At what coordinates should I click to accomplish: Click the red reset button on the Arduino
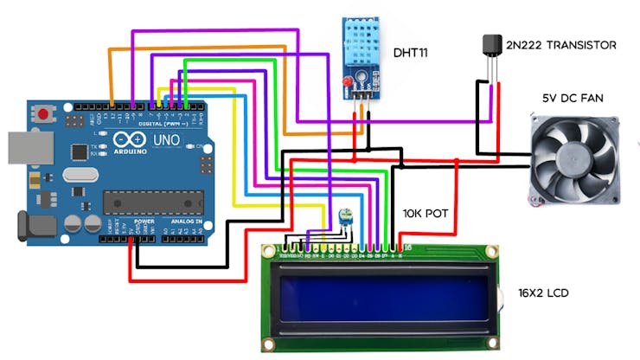point(43,113)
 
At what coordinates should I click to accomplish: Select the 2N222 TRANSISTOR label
point(561,44)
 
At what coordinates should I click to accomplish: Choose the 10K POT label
point(427,213)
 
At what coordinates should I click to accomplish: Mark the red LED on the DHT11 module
point(347,83)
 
